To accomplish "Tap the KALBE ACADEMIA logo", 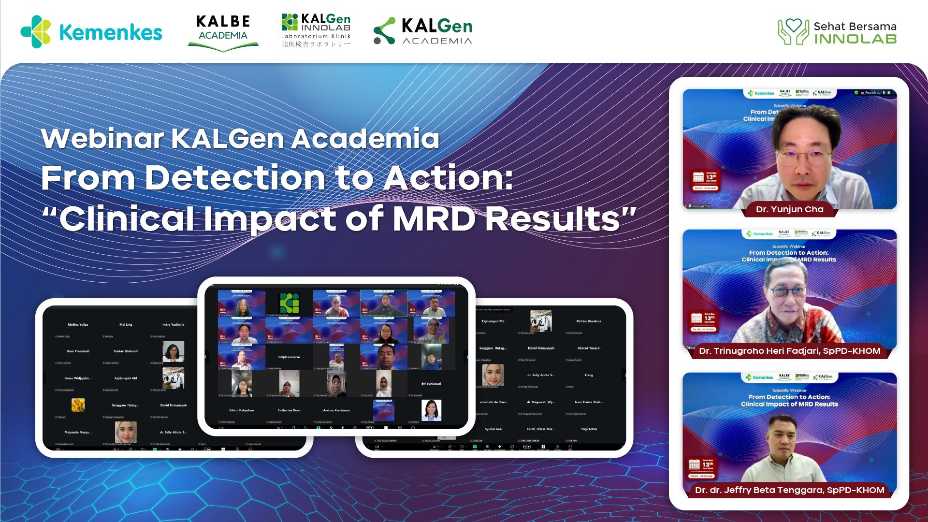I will coord(223,32).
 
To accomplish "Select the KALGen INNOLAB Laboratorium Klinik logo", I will coord(316,30).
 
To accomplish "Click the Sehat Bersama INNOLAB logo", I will coord(837,32).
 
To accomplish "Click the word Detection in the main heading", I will coord(235,177).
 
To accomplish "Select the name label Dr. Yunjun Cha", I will coord(789,209).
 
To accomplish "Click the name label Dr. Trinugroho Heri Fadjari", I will coord(789,351).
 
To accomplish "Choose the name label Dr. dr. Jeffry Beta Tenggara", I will coord(789,490).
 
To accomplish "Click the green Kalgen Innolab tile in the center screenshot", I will coord(289,303).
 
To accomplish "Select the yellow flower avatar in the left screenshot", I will coord(78,405).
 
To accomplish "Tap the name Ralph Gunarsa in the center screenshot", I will coord(289,357).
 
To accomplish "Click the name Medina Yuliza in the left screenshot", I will coord(78,324).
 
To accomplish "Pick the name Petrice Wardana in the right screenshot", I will coord(588,321).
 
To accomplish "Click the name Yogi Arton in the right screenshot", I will coord(588,429).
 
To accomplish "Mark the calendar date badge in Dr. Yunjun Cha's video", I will coord(706,180).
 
